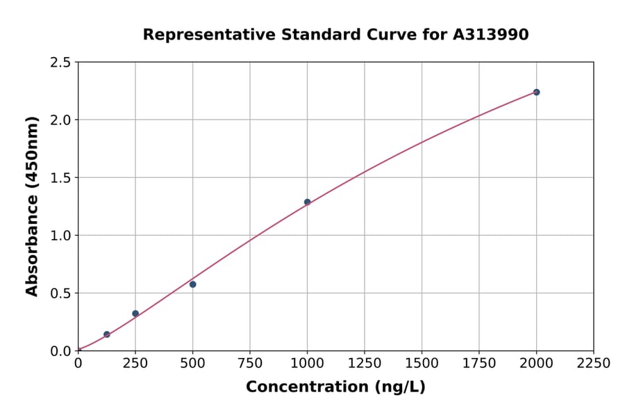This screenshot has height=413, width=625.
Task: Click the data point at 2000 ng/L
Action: point(536,92)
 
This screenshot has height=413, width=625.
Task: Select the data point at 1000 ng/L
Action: point(307,202)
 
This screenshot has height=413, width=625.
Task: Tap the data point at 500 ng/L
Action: point(192,284)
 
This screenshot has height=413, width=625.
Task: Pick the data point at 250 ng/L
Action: point(135,314)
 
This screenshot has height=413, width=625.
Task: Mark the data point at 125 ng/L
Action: point(107,334)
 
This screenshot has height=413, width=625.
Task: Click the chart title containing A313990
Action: point(335,34)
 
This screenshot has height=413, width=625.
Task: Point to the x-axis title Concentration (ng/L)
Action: point(335,387)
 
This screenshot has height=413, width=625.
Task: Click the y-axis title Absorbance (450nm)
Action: point(32,206)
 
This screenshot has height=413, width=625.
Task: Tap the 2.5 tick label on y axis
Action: point(61,63)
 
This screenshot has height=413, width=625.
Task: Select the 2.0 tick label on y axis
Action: point(61,120)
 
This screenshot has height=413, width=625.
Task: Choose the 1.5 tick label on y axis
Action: point(61,178)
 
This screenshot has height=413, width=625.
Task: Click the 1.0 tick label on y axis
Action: point(61,236)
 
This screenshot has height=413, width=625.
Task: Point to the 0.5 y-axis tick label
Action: point(61,293)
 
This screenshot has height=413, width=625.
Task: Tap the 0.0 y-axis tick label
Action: point(61,351)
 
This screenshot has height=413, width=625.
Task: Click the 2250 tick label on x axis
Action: point(594,364)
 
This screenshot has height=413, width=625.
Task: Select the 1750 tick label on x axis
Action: point(479,364)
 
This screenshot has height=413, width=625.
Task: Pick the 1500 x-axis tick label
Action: point(422,364)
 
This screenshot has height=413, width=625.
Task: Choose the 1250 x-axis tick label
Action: point(365,364)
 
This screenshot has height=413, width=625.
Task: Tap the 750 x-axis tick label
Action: point(250,364)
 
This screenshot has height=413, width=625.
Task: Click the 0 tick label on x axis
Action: point(78,364)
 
